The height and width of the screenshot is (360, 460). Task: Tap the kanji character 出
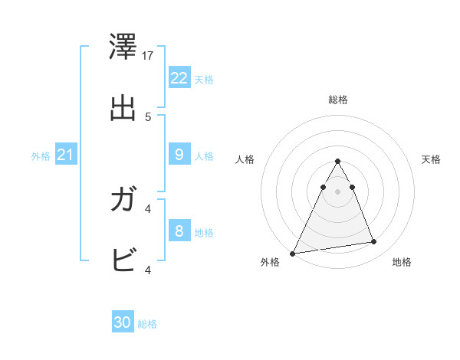coord(123,108)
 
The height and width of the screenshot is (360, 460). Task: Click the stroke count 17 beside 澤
coord(149,56)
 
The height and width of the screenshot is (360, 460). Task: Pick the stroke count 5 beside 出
coord(148,116)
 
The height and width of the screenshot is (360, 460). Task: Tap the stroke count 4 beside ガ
coord(148,208)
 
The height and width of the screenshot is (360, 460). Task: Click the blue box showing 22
coord(179,78)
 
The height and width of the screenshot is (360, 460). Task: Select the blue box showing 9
coord(179,155)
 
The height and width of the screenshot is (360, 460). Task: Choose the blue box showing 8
coord(179,231)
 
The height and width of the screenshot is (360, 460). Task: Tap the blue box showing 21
coord(65,155)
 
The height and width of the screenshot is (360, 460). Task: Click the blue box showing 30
coord(122,322)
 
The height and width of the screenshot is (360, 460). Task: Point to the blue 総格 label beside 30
coord(147,324)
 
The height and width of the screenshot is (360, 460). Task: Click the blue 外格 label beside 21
coord(41,156)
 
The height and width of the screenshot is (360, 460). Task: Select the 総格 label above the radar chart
coord(338,100)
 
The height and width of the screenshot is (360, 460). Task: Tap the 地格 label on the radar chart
coord(402,262)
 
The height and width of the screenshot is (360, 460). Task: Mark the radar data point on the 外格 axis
coord(293,253)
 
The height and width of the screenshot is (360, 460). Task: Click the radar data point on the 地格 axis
coord(374,242)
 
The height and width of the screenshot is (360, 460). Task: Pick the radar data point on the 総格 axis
coord(338,161)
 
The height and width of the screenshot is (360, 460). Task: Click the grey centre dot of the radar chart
coord(338,191)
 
